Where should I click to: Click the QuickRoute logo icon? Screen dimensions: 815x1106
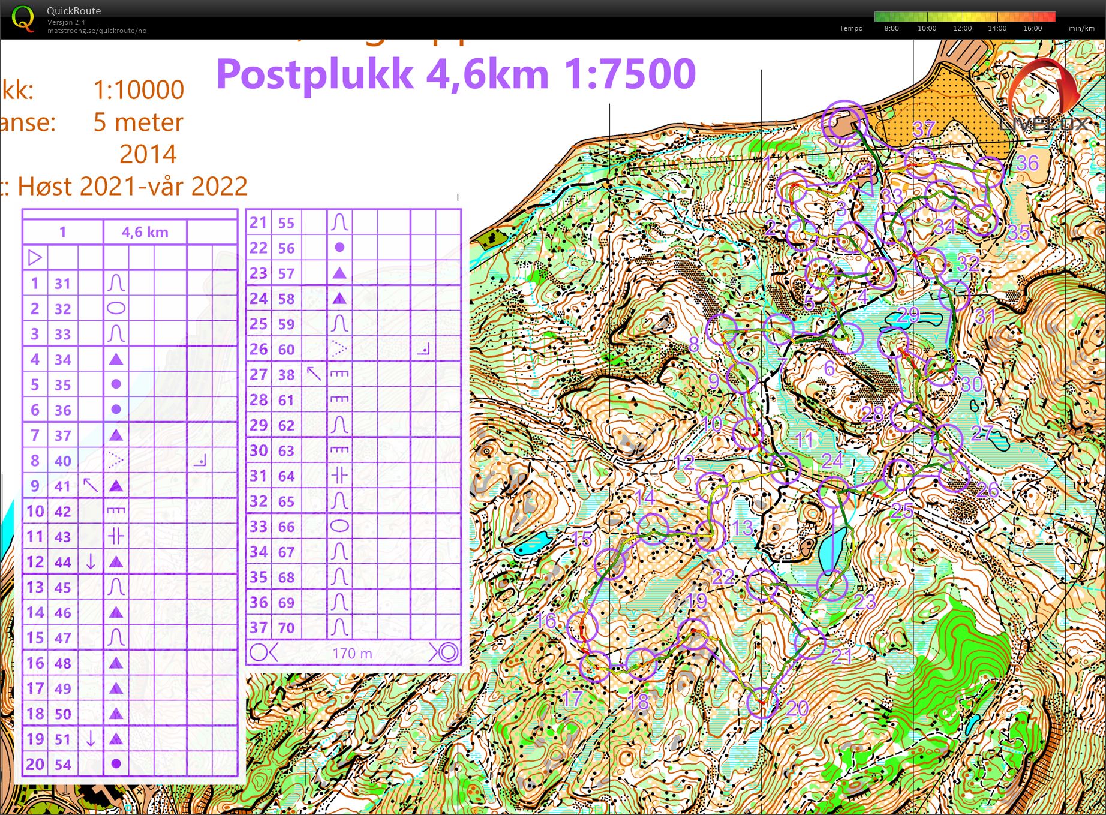point(23,19)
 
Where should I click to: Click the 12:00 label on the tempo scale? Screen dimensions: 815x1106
point(962,28)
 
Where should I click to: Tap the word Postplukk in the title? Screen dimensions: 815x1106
point(314,74)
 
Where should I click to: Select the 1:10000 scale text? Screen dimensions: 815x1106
point(139,90)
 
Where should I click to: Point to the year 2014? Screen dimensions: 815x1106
point(148,154)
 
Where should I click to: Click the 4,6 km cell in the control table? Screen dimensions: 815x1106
point(145,232)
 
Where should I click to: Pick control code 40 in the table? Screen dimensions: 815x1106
point(62,461)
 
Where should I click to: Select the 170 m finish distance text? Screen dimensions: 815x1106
point(352,653)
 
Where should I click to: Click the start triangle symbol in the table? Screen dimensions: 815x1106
point(35,258)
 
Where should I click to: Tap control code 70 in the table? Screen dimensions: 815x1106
point(286,628)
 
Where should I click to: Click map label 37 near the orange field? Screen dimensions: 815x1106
point(924,128)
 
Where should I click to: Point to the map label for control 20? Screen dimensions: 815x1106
point(797,708)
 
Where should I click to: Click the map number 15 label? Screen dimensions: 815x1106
point(582,539)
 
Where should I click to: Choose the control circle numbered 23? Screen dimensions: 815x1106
point(832,584)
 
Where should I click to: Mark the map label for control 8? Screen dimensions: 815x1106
point(694,344)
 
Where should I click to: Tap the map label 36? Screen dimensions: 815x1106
point(1027,163)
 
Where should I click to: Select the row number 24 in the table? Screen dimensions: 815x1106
point(258,299)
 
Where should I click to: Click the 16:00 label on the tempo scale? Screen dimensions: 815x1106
point(1032,28)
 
